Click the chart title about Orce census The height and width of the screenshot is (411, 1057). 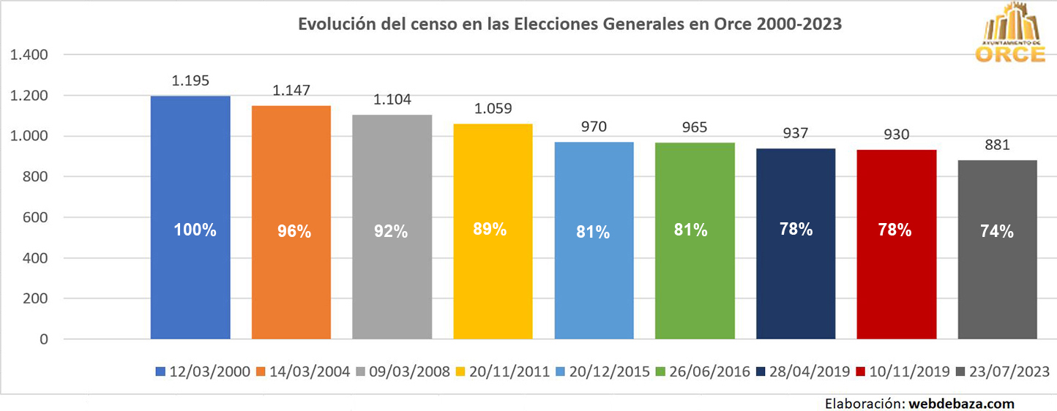(x=569, y=23)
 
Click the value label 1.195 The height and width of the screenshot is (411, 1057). (x=190, y=80)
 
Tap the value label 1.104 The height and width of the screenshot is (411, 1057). (x=392, y=99)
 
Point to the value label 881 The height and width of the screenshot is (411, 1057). (x=997, y=145)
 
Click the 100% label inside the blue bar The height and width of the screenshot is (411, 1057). (x=195, y=230)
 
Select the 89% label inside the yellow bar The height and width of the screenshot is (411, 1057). (x=490, y=229)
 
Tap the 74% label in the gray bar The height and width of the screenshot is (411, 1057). (x=997, y=231)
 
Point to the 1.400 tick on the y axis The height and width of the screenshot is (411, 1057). (x=28, y=55)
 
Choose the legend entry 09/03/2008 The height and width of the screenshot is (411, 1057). (x=407, y=372)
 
